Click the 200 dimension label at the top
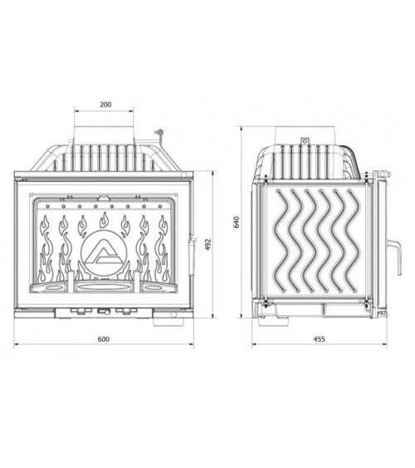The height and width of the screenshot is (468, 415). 104,106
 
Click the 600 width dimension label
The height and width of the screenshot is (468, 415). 104,338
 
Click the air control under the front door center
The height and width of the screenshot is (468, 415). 105,313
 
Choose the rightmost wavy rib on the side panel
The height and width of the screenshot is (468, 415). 344,241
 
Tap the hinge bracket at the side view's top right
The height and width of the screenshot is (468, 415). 383,175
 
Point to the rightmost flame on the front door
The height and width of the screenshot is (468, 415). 163,249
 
